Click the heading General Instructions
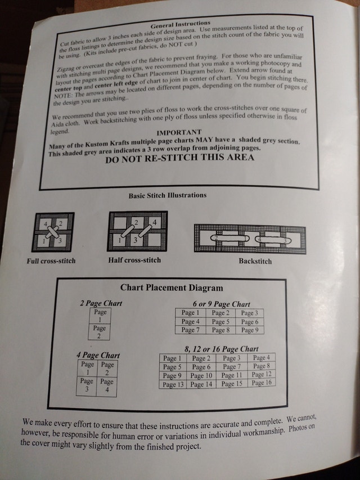[181, 24]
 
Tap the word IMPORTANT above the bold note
[179, 133]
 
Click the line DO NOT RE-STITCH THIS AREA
[179, 158]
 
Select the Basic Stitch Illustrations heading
[168, 195]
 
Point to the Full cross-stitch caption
[51, 261]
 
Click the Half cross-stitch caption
[134, 260]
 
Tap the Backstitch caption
[255, 262]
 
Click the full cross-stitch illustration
[53, 232]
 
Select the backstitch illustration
[250, 239]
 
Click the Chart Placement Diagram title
[172, 288]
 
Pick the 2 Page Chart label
[101, 303]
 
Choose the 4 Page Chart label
[98, 356]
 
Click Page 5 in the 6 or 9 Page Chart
[220, 322]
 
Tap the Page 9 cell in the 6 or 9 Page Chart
[250, 330]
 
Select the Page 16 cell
[262, 383]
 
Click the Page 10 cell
[201, 375]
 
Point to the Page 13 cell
[173, 384]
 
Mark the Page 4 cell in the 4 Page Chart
[106, 387]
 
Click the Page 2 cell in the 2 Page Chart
[99, 332]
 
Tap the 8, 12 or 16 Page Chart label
[222, 349]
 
